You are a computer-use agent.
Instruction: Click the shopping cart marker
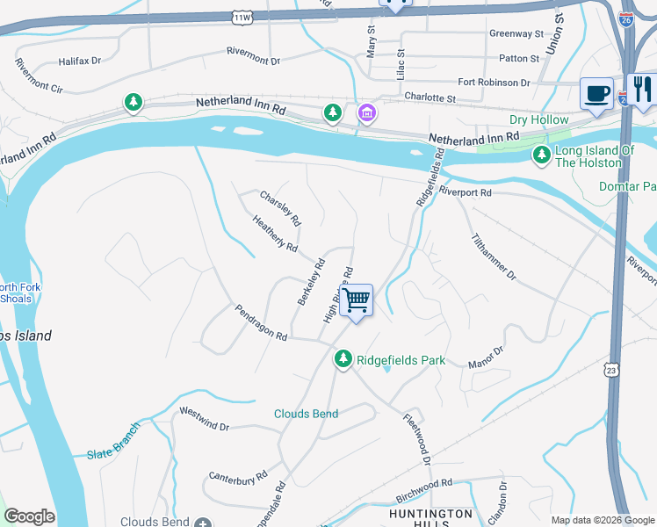point(356,300)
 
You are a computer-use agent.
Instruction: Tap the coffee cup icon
point(596,93)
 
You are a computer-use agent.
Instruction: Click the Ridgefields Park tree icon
point(343,359)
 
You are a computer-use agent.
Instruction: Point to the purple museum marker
point(365,112)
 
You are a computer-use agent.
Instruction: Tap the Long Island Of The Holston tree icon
point(542,155)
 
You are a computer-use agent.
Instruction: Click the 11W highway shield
point(243,17)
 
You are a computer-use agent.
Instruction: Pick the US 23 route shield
point(611,372)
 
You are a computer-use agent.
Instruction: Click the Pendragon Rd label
point(261,323)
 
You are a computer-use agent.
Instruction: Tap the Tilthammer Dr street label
point(493,256)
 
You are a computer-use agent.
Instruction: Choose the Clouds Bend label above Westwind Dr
point(306,414)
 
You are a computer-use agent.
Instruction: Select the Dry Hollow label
point(539,119)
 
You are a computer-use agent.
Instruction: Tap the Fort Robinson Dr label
point(494,83)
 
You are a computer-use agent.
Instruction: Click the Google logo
point(29,516)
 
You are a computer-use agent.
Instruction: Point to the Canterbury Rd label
point(238,477)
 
